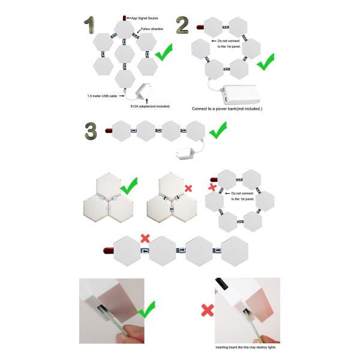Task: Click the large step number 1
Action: tap(89, 25)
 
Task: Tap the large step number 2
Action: tap(182, 25)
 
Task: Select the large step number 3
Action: tap(91, 131)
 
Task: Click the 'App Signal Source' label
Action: tap(145, 18)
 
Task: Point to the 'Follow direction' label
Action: tap(152, 29)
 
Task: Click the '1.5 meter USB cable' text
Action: tap(102, 96)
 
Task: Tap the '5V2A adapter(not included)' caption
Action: tap(150, 106)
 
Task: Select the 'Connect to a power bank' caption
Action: tap(227, 109)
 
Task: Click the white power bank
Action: tap(241, 95)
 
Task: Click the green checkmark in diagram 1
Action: tap(163, 52)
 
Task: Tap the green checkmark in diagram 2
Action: tap(265, 62)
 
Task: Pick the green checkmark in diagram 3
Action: tap(218, 130)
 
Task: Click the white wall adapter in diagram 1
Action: tap(143, 91)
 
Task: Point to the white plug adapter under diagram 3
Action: tap(185, 154)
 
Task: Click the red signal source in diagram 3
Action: tap(109, 131)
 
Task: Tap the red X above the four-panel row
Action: tap(145, 239)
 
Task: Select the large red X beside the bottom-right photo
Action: tap(208, 310)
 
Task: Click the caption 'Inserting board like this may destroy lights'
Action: tap(245, 347)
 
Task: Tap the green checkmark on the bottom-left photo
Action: tap(146, 310)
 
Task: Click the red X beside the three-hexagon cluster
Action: tap(188, 188)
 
